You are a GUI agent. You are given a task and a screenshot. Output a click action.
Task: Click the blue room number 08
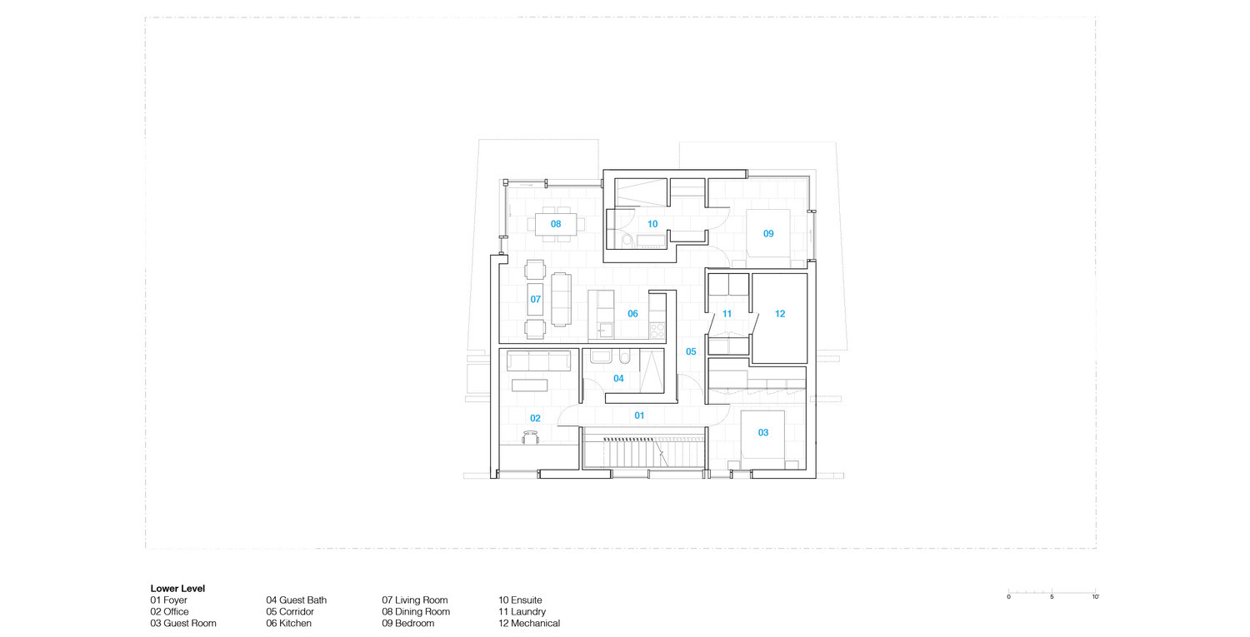pyautogui.click(x=556, y=224)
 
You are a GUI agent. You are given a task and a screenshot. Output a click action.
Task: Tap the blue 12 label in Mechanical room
pyautogui.click(x=779, y=314)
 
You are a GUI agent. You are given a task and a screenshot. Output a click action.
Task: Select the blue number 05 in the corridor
pyautogui.click(x=691, y=351)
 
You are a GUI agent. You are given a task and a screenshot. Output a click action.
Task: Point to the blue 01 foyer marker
pyautogui.click(x=639, y=416)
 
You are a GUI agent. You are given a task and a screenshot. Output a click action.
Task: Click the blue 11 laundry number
pyautogui.click(x=727, y=314)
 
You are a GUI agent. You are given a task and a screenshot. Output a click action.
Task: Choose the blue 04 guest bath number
pyautogui.click(x=618, y=379)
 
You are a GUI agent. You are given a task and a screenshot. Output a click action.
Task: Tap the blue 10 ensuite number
pyautogui.click(x=652, y=224)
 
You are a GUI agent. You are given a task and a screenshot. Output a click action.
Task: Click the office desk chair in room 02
pyautogui.click(x=530, y=437)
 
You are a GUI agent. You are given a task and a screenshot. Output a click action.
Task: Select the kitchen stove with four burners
pyautogui.click(x=657, y=331)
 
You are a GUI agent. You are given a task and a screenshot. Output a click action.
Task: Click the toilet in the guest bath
pyautogui.click(x=624, y=356)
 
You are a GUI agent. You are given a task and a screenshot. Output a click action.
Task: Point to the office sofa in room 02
pyautogui.click(x=538, y=361)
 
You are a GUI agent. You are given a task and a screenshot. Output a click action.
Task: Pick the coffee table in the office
pyautogui.click(x=529, y=386)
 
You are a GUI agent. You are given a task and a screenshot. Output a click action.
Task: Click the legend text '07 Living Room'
pyautogui.click(x=415, y=600)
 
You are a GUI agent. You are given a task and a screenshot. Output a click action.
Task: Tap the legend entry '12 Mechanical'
pyautogui.click(x=529, y=624)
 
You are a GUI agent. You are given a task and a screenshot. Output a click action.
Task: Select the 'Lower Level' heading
pyautogui.click(x=177, y=589)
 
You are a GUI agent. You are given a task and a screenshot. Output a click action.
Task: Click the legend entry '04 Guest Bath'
pyautogui.click(x=297, y=600)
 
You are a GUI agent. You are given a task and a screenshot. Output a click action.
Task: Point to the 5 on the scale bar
pyautogui.click(x=1052, y=597)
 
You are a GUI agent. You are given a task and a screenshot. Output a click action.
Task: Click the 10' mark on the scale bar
pyautogui.click(x=1096, y=597)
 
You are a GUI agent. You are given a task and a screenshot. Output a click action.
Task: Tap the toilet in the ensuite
pyautogui.click(x=627, y=241)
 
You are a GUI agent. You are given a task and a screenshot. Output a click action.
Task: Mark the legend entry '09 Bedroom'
pyautogui.click(x=408, y=624)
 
